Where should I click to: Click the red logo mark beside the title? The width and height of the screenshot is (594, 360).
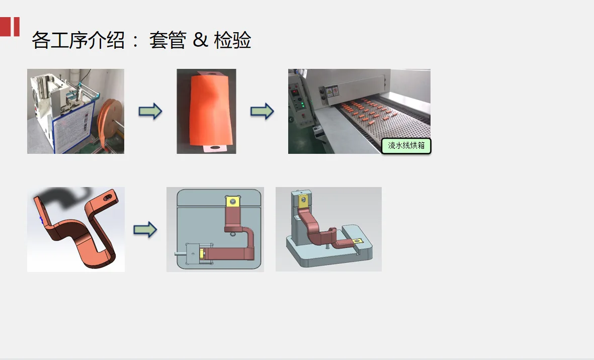10,27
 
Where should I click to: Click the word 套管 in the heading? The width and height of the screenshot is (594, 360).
167,40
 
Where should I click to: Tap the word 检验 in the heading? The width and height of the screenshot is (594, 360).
232,40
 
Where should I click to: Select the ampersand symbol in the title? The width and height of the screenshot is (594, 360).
200,40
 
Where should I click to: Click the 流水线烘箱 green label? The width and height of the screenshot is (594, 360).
406,146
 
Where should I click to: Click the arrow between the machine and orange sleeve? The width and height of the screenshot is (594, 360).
150,111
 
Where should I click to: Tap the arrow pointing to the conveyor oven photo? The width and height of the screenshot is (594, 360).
262,111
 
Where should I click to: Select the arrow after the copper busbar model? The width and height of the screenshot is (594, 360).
145,230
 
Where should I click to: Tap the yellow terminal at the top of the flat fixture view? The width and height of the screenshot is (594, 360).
232,202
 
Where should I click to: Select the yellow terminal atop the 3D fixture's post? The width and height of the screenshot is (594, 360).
303,202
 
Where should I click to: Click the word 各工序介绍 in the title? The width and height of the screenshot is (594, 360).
78,40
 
